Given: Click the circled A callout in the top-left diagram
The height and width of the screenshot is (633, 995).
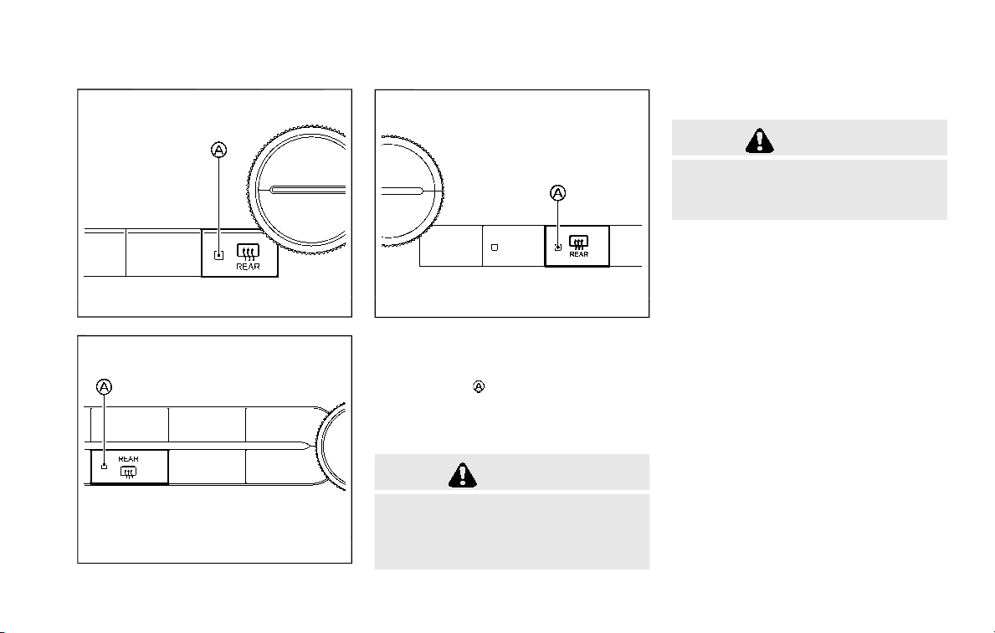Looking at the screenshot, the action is [218, 151].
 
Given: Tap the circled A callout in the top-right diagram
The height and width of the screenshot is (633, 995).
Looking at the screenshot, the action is [557, 193].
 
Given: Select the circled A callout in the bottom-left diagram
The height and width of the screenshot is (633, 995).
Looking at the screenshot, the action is [104, 386].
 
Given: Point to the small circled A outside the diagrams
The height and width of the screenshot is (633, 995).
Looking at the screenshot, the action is [479, 386].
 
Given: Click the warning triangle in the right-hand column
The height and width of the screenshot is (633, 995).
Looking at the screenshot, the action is [760, 140].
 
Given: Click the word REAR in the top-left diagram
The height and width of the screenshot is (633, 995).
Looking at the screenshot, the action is [248, 267].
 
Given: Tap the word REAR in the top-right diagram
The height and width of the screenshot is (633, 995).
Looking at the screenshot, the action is [579, 254].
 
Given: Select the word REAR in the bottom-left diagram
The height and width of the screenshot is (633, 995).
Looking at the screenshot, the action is [128, 458].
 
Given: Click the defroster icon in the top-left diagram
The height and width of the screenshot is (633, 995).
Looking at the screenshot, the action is [248, 253].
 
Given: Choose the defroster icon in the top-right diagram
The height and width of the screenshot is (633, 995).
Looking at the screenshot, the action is [579, 242].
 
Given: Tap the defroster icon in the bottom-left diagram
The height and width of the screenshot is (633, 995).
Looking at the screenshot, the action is [128, 472].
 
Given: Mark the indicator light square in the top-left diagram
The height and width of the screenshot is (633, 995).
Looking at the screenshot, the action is [219, 255].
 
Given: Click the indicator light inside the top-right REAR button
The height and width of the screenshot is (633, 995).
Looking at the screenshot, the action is [558, 248].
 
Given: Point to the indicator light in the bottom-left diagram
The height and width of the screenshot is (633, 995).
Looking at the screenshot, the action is [105, 467].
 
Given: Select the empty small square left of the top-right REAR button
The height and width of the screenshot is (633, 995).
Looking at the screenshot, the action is [495, 248].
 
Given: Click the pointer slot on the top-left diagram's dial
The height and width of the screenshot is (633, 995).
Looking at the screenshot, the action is [307, 190].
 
